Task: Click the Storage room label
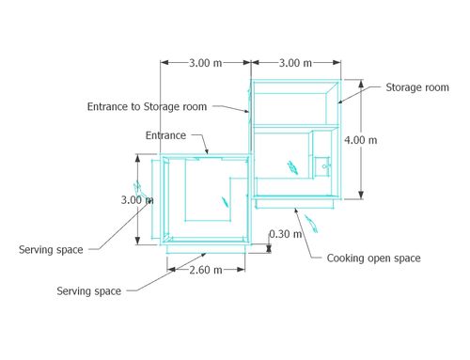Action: point(417,87)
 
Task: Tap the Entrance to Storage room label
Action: point(147,107)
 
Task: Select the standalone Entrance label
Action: point(165,135)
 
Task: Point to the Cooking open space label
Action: point(373,258)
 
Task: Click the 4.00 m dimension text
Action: point(361,140)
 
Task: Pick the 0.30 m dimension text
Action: point(286,234)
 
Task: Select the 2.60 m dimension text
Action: point(206,270)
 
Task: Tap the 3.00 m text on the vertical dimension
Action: point(137,200)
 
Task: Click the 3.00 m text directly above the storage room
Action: point(295,63)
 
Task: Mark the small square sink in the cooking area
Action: point(322,166)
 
